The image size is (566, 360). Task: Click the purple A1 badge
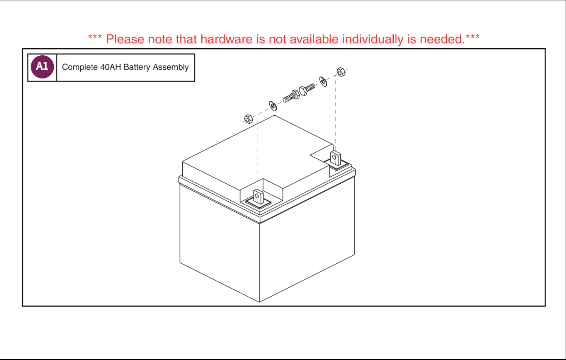(x=42, y=67)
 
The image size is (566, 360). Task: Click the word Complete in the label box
(x=80, y=67)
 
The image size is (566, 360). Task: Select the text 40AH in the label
(x=110, y=67)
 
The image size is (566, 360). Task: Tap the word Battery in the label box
(x=137, y=67)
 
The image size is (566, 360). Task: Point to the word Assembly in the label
(x=171, y=67)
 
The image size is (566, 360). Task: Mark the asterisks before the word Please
(x=95, y=38)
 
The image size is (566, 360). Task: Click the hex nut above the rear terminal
(x=341, y=72)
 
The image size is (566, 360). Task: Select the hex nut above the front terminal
(x=248, y=119)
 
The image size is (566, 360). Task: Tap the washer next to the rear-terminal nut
(x=323, y=81)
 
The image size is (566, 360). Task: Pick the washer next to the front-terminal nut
(x=273, y=106)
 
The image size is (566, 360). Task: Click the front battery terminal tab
(x=258, y=197)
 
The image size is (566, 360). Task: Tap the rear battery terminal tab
(x=335, y=159)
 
